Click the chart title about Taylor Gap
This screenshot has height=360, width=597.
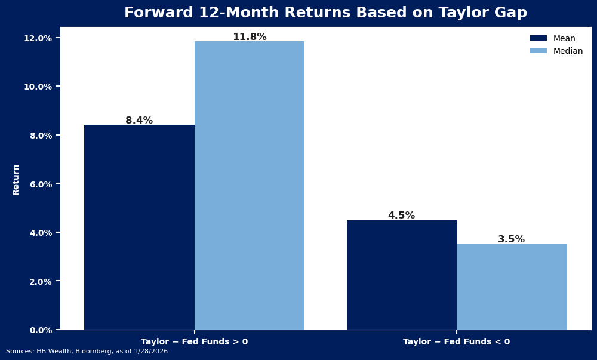325,13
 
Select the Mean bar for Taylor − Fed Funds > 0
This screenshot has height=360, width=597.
139,227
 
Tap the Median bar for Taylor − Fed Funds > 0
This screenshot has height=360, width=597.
250,185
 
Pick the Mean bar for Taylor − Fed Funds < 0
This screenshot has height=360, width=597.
402,275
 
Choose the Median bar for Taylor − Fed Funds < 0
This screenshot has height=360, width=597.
512,287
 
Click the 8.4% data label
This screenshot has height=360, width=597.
139,121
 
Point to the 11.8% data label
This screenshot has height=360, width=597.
250,37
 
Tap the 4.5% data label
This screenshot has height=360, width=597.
401,216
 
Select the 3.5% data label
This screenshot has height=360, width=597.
511,239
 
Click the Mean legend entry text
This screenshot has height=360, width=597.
564,38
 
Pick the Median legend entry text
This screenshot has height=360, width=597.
568,51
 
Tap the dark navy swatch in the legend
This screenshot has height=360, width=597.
538,38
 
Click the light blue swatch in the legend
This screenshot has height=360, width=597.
538,51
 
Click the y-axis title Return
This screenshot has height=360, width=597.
16,179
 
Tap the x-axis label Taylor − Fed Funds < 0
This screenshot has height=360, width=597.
457,342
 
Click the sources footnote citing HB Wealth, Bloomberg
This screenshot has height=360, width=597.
87,352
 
